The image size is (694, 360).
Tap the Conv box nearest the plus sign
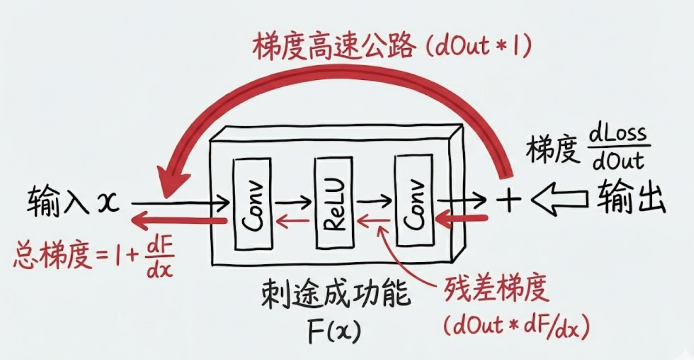point(415,200)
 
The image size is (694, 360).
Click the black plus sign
point(508,200)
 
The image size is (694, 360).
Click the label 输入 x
point(74,202)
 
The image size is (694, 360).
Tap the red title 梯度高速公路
point(334,46)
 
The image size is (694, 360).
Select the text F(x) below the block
point(334,329)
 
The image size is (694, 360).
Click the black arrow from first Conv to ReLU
point(293,203)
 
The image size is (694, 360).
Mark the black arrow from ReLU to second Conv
point(374,201)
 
